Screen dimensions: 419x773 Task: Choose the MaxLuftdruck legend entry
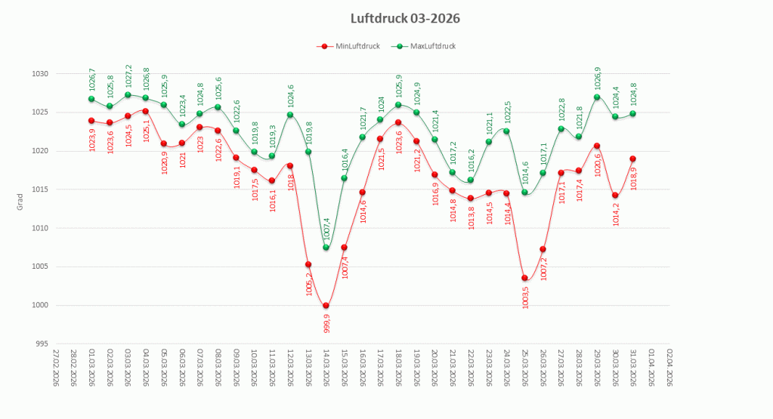427,46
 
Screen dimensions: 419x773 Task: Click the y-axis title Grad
22,203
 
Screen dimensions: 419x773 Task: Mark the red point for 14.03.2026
326,306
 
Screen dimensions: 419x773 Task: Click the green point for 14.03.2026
326,248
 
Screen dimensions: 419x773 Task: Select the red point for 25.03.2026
524,278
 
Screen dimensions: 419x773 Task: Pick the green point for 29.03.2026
597,97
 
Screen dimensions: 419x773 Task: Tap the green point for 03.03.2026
128,95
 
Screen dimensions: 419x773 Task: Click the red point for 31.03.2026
633,159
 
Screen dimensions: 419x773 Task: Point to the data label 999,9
326,322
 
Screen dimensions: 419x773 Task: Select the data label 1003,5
525,295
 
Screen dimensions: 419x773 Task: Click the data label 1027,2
128,78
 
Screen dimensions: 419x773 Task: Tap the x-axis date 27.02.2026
56,368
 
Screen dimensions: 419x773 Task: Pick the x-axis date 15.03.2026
345,368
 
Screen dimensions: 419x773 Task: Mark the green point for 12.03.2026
290,115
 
